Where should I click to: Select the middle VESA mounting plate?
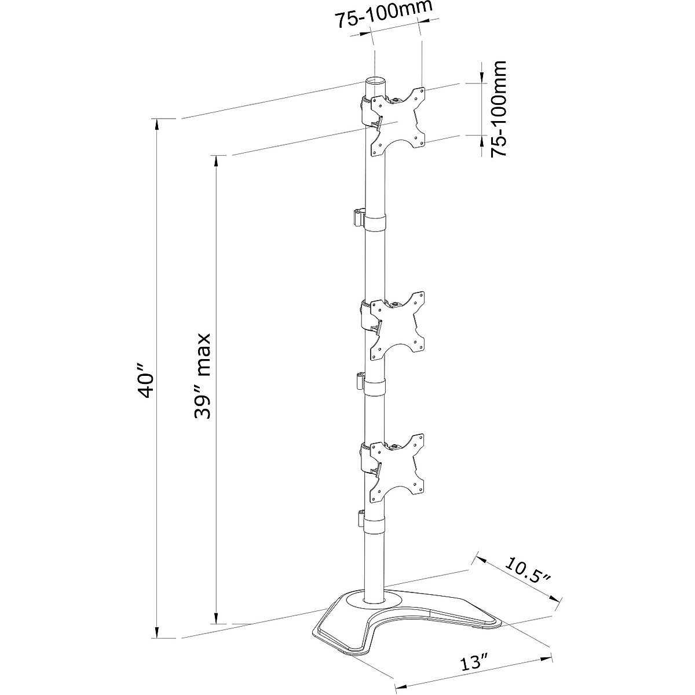[x=398, y=324]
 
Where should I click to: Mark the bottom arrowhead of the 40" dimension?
[x=157, y=634]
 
